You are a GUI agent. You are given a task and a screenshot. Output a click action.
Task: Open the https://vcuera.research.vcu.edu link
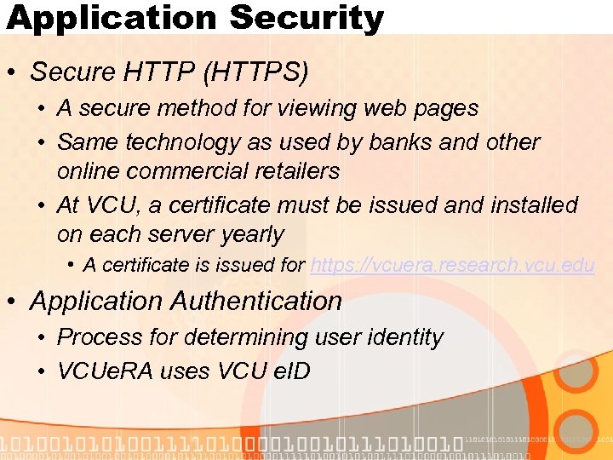(x=452, y=266)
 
